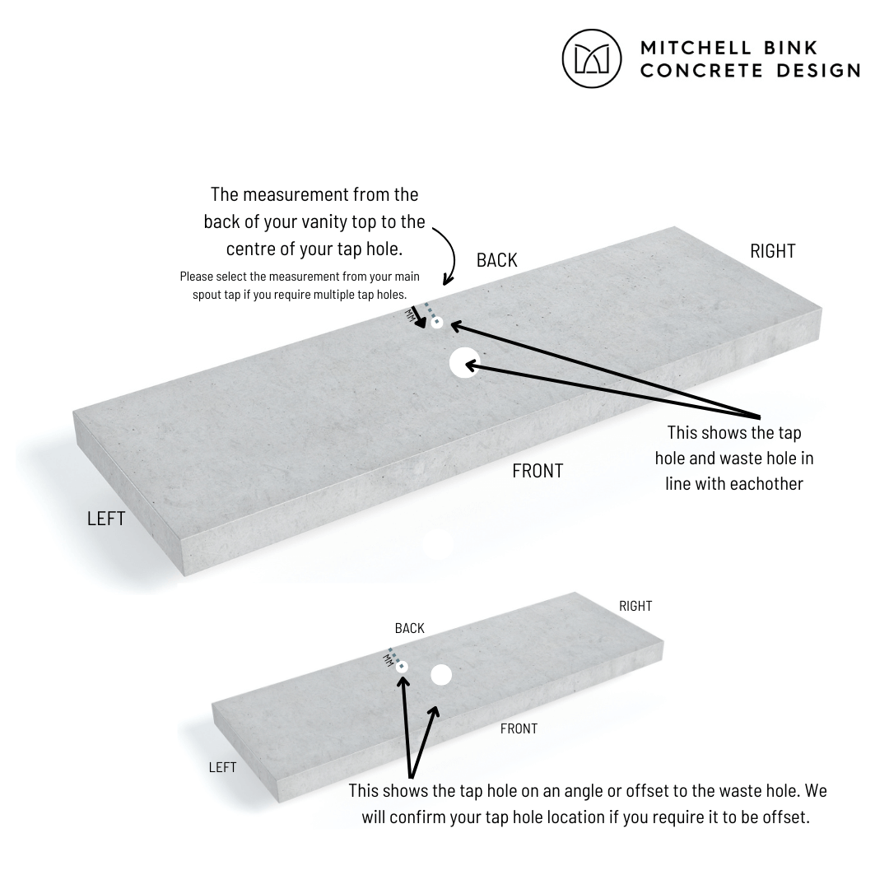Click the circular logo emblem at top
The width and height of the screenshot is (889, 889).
pyautogui.click(x=591, y=58)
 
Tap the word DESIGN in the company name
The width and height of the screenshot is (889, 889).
pyautogui.click(x=818, y=71)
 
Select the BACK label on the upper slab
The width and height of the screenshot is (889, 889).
pyautogui.click(x=496, y=260)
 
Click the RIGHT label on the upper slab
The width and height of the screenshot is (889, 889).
pyautogui.click(x=772, y=251)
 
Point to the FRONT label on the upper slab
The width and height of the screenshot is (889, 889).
pyautogui.click(x=538, y=471)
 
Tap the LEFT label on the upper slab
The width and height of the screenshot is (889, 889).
pyautogui.click(x=106, y=519)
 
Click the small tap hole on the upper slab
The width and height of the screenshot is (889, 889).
pyautogui.click(x=436, y=323)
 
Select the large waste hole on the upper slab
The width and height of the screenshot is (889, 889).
pyautogui.click(x=464, y=362)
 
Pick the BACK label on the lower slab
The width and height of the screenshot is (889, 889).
pyautogui.click(x=409, y=628)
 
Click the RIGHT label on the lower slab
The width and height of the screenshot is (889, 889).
pyautogui.click(x=635, y=606)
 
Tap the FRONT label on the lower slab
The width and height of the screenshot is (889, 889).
pyautogui.click(x=519, y=728)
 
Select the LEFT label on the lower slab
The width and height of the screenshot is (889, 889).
pyautogui.click(x=222, y=767)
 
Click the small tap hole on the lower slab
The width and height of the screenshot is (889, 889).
pyautogui.click(x=402, y=667)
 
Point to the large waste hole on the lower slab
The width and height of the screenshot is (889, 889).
pyautogui.click(x=441, y=675)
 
